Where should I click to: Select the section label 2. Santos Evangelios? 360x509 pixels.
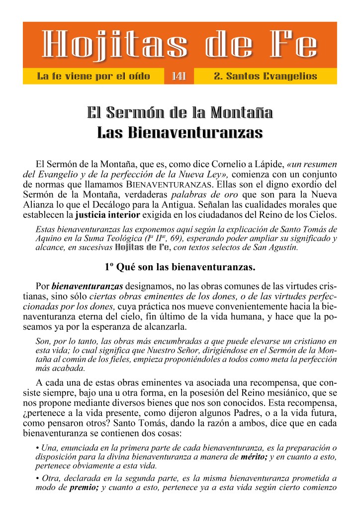[265, 76]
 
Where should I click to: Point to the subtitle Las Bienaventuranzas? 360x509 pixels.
[180, 132]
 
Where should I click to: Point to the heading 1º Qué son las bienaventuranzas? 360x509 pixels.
[180, 267]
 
